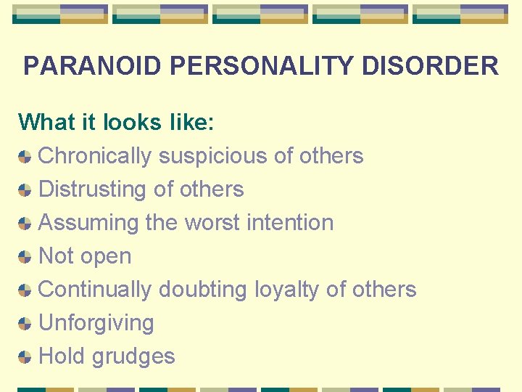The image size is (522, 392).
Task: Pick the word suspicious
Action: point(215,155)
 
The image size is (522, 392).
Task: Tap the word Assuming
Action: point(88,222)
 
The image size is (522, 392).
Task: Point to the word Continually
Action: point(95,289)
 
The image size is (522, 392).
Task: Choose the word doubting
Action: point(203,289)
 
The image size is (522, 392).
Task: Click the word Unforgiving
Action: point(96,322)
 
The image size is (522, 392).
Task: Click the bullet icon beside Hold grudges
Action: point(25,356)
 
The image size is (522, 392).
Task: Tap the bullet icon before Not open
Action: point(25,256)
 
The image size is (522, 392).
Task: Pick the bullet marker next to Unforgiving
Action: point(25,323)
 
